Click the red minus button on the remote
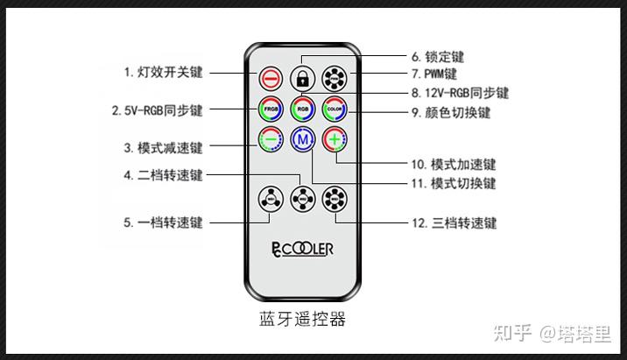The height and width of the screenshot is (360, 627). [x=270, y=77]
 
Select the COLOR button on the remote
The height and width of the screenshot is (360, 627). [x=335, y=109]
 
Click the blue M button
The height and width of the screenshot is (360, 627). [x=302, y=139]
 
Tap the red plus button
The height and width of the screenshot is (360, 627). [x=335, y=139]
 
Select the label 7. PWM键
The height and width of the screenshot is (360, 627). [x=433, y=74]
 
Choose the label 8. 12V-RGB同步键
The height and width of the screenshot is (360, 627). [x=460, y=93]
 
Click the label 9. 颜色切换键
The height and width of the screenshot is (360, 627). [x=451, y=113]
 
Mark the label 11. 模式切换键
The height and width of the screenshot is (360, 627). [x=453, y=184]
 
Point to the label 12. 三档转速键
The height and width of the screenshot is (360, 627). [x=454, y=222]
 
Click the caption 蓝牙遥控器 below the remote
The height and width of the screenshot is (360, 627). [x=303, y=318]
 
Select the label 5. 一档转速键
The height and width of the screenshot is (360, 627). [x=163, y=222]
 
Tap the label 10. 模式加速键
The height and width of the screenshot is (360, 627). [x=453, y=164]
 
